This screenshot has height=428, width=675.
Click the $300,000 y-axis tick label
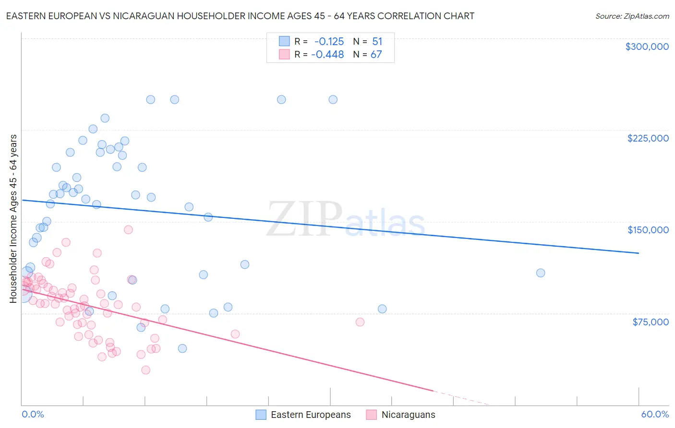coord(647,47)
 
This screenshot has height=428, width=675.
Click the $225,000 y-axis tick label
coord(648,138)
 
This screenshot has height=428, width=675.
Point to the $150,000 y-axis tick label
coord(648,230)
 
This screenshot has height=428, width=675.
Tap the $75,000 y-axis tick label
coord(651,322)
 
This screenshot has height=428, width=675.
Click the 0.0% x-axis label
coord(33,414)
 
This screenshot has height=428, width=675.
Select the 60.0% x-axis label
coord(655,414)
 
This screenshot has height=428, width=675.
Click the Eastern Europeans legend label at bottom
coord(311,415)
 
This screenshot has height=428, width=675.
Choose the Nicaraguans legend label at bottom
coord(408,415)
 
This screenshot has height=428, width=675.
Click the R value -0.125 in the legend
coord(329,42)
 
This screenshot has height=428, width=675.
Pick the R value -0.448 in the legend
coord(327,55)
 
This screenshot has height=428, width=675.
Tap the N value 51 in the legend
coord(377,42)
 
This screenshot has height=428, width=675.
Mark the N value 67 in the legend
coord(376,55)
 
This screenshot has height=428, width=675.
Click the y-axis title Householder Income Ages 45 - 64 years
coord(13,219)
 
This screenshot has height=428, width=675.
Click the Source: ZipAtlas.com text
coord(632,16)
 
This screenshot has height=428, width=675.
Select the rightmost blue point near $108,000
coord(541,273)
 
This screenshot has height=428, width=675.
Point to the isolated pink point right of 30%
coord(360,322)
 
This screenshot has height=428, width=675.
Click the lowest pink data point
coord(145,370)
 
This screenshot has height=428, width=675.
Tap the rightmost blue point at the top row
coord(333,100)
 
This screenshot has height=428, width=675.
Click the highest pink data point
coord(128,230)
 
